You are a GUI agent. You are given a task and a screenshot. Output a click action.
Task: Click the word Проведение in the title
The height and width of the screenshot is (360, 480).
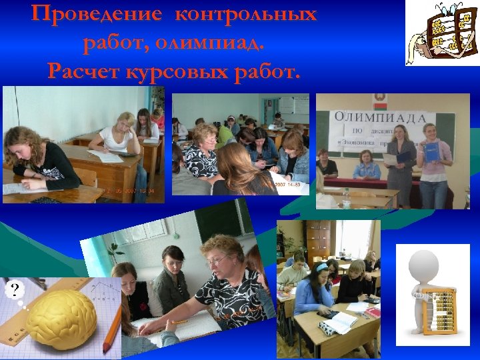87,15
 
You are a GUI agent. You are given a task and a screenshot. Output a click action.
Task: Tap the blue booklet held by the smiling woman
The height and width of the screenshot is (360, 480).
432,150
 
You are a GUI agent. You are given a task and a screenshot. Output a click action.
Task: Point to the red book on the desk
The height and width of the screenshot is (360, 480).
373,312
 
